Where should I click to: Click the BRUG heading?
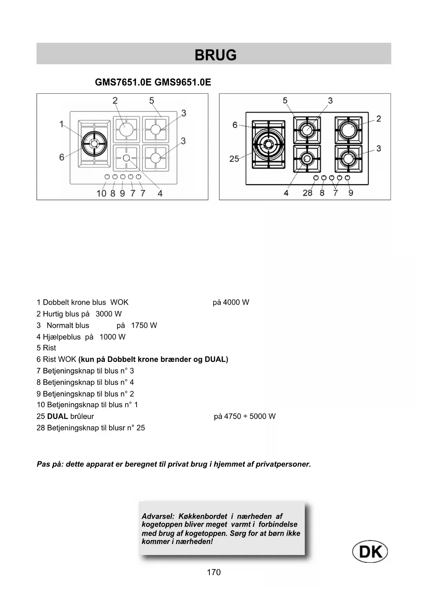coord(215,55)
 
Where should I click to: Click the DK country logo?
coord(370,552)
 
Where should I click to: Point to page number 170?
coord(214,572)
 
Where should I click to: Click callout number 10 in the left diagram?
coord(101,193)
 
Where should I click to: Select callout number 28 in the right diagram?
coord(307,193)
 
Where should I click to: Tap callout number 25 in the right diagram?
coord(234,159)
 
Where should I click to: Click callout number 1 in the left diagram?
coord(62,124)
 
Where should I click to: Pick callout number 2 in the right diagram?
coord(379,119)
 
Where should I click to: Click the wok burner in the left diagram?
coord(94,144)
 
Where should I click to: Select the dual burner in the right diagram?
coord(268,144)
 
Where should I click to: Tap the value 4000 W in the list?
coord(236,302)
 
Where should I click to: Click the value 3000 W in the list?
coord(109,314)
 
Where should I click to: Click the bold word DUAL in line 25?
coord(57,416)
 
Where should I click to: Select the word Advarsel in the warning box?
coord(158,516)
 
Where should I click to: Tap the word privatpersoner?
coord(283,464)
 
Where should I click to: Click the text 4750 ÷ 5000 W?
coord(250,416)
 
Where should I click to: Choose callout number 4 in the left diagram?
coord(160,193)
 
